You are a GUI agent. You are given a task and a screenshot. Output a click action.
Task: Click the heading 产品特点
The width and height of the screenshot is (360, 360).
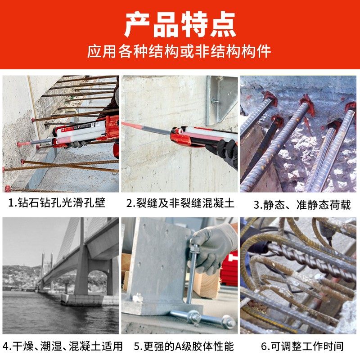[x=180, y=25]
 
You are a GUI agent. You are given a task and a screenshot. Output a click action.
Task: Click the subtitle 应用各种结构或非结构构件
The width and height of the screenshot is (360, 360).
[x=180, y=51]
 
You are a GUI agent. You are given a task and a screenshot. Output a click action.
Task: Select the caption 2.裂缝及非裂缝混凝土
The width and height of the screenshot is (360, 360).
[x=180, y=203]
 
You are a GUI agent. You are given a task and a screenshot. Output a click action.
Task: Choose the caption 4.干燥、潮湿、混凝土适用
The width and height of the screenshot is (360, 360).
[x=62, y=346]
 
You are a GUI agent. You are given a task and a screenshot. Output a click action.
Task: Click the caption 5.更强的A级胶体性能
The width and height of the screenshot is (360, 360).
[x=184, y=346]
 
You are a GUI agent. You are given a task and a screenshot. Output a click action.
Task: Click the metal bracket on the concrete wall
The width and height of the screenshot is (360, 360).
[x=221, y=97]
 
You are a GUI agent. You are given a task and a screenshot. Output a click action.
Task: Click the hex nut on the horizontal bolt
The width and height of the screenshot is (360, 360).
[x=194, y=317]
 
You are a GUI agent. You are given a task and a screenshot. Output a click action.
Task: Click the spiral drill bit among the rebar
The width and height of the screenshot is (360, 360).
[x=310, y=261]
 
